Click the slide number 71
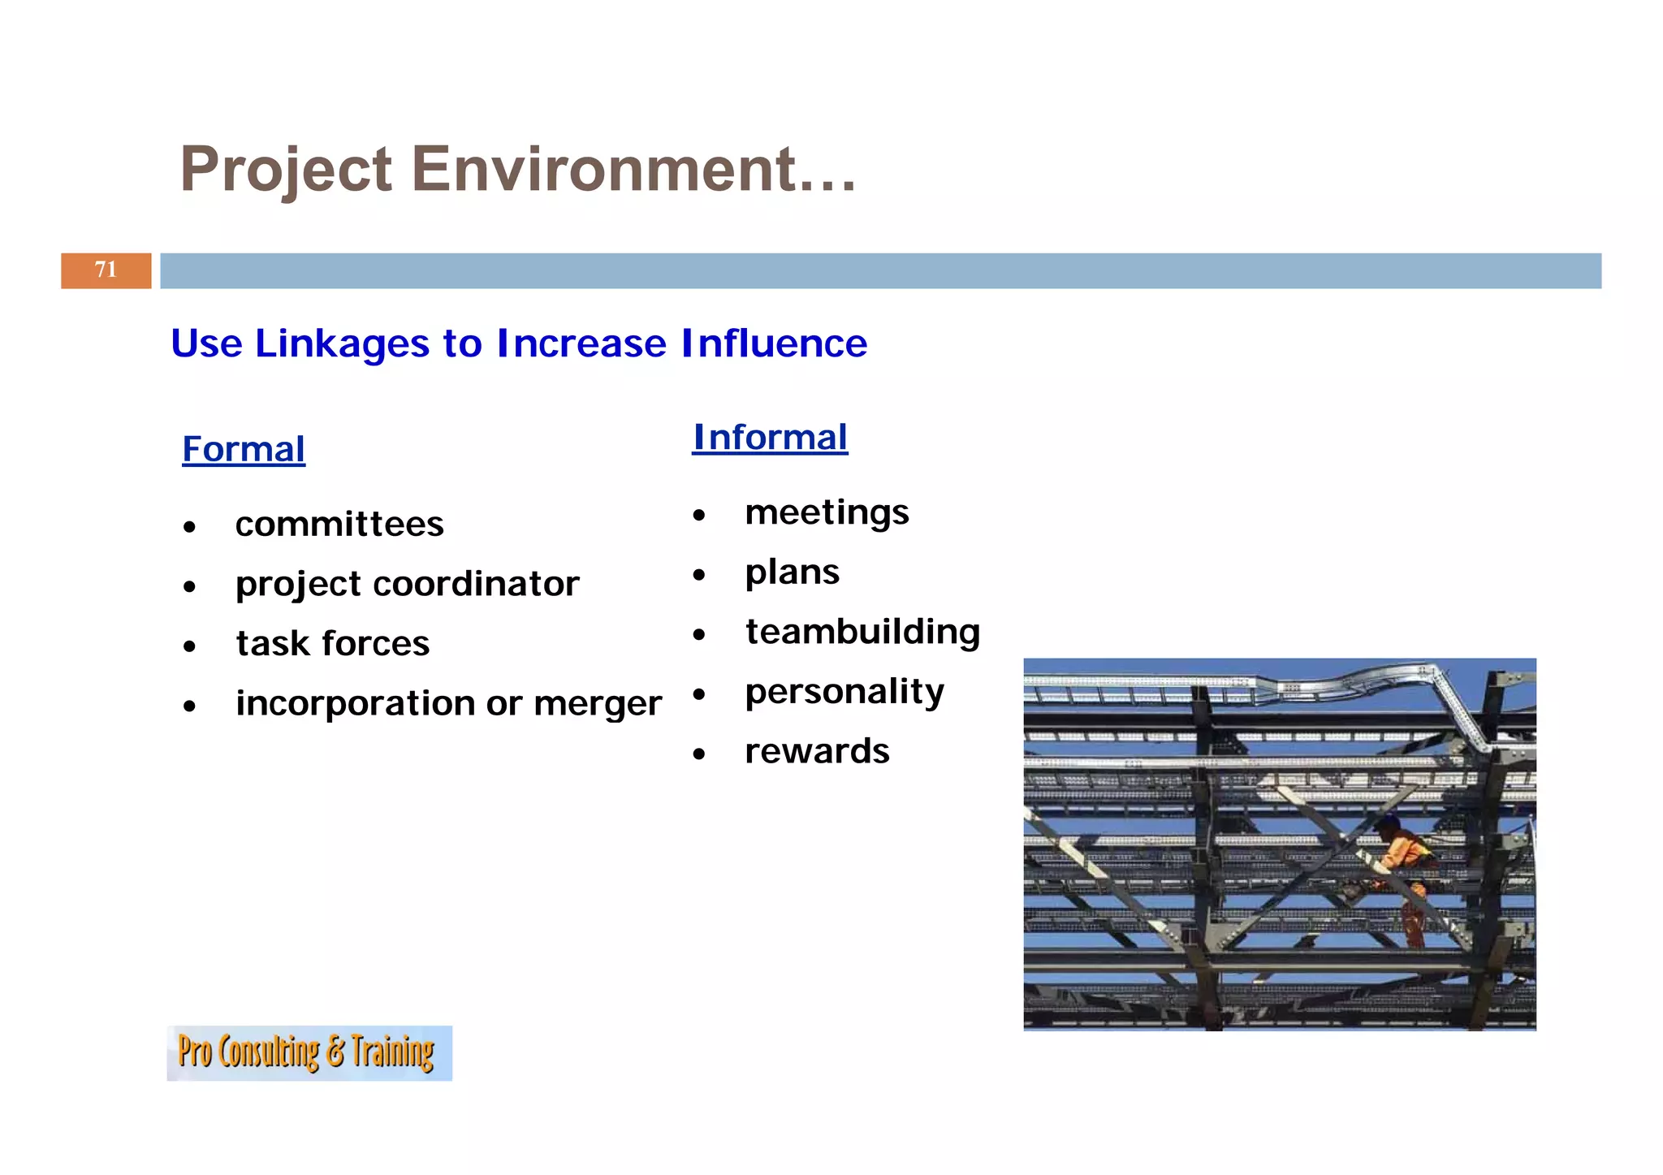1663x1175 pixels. (x=106, y=270)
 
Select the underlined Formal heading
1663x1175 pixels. (x=244, y=450)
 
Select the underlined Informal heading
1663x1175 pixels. (x=770, y=438)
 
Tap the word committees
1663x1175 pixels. (x=339, y=525)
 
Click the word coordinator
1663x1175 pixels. (x=476, y=584)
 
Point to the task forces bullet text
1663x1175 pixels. (x=333, y=644)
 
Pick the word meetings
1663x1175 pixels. (x=827, y=513)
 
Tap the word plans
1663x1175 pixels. (x=792, y=572)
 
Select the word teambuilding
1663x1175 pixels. (x=862, y=632)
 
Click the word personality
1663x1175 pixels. (x=844, y=692)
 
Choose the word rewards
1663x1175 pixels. (x=817, y=751)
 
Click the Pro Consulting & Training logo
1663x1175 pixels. (x=309, y=1053)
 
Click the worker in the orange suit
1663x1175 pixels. (x=1401, y=869)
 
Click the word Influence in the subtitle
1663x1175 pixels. (x=774, y=343)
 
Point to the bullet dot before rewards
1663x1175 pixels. (x=699, y=754)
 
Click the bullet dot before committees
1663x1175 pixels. (x=189, y=528)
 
